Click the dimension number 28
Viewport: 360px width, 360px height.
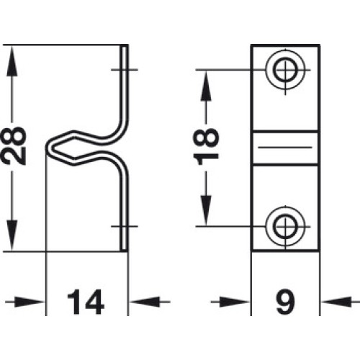[x=14, y=145]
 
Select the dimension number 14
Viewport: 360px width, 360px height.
[x=86, y=302]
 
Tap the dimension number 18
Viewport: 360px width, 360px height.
[x=206, y=146]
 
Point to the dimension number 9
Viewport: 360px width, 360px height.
[x=285, y=302]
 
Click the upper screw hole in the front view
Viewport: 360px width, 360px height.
[x=285, y=70]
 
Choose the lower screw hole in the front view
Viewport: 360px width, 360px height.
[x=285, y=226]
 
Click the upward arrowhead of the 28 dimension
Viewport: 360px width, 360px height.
[x=12, y=62]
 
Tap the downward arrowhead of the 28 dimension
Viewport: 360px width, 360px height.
[x=12, y=235]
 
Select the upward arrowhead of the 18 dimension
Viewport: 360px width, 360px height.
[x=206, y=86]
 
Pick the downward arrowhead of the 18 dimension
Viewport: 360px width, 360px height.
[x=206, y=210]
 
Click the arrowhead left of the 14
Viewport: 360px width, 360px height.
[x=30, y=302]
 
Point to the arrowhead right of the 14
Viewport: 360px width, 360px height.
[x=144, y=302]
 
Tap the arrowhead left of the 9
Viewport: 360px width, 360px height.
[x=235, y=302]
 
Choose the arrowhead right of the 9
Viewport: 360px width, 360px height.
[x=336, y=302]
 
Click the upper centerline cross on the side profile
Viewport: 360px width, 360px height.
[x=124, y=70]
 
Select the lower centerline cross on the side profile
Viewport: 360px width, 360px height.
[x=124, y=226]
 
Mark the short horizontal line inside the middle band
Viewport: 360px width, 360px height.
[x=285, y=147]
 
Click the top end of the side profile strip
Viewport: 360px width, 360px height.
[x=125, y=45]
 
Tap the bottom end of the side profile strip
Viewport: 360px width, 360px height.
[x=125, y=251]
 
